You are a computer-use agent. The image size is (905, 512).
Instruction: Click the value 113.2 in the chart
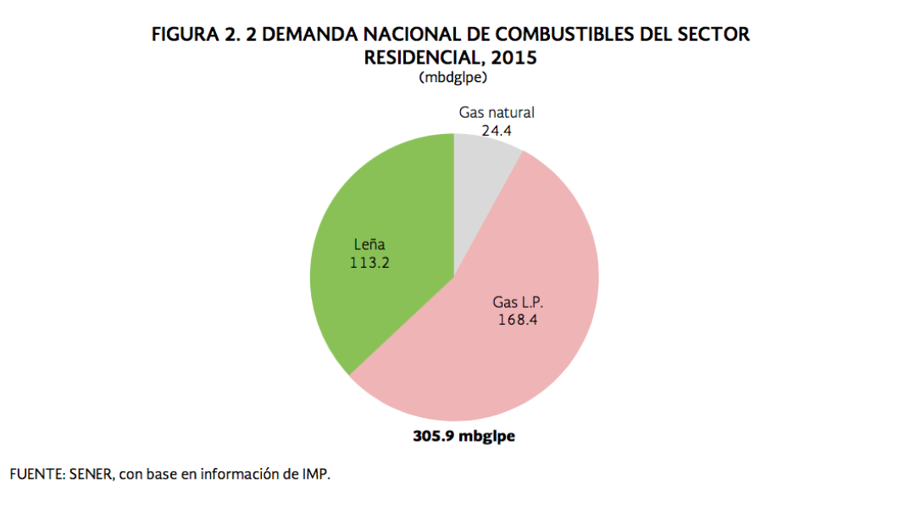point(369,263)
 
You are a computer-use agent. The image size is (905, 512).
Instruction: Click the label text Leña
point(369,246)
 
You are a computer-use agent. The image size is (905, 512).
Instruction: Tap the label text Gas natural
point(497,113)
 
